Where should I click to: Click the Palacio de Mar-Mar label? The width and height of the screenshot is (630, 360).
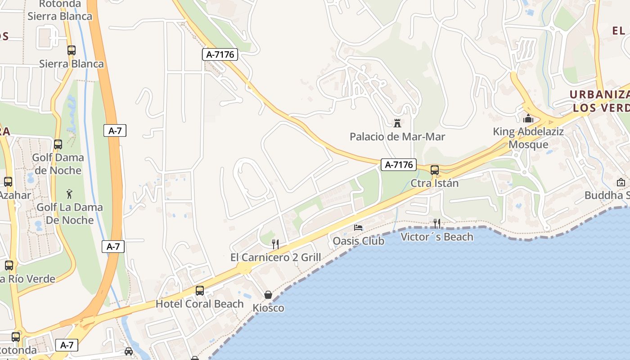click(x=397, y=136)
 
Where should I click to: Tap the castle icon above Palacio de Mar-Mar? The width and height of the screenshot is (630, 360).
click(x=397, y=123)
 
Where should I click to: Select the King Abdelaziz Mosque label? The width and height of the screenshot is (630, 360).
click(x=528, y=138)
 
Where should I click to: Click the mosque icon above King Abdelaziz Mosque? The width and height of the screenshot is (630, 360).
click(x=528, y=119)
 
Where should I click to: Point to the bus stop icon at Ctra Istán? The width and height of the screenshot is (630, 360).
click(x=435, y=170)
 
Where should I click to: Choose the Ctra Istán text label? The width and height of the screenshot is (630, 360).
click(x=435, y=183)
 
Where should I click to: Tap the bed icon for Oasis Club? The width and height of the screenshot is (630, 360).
click(x=358, y=228)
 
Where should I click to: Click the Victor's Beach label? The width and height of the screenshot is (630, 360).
click(x=437, y=237)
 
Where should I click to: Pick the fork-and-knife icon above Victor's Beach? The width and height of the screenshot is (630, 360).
click(x=436, y=223)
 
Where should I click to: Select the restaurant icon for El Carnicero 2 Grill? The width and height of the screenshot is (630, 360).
click(x=275, y=244)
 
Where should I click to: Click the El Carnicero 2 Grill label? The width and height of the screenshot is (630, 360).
click(x=275, y=257)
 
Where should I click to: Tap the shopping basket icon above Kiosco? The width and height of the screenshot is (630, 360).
click(x=268, y=295)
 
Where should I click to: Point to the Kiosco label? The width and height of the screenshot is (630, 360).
click(x=268, y=308)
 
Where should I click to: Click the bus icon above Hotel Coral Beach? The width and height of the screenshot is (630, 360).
click(x=200, y=291)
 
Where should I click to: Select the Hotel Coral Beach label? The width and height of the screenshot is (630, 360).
click(x=200, y=304)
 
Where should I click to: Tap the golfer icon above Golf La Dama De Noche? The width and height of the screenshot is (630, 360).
click(x=69, y=194)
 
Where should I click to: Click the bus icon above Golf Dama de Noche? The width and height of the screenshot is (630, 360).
click(x=58, y=144)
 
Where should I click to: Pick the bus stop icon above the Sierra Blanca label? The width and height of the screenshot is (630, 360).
click(x=72, y=50)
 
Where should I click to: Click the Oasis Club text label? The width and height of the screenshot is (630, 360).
click(x=359, y=241)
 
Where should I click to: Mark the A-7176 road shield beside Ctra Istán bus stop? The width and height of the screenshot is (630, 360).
click(x=399, y=165)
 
